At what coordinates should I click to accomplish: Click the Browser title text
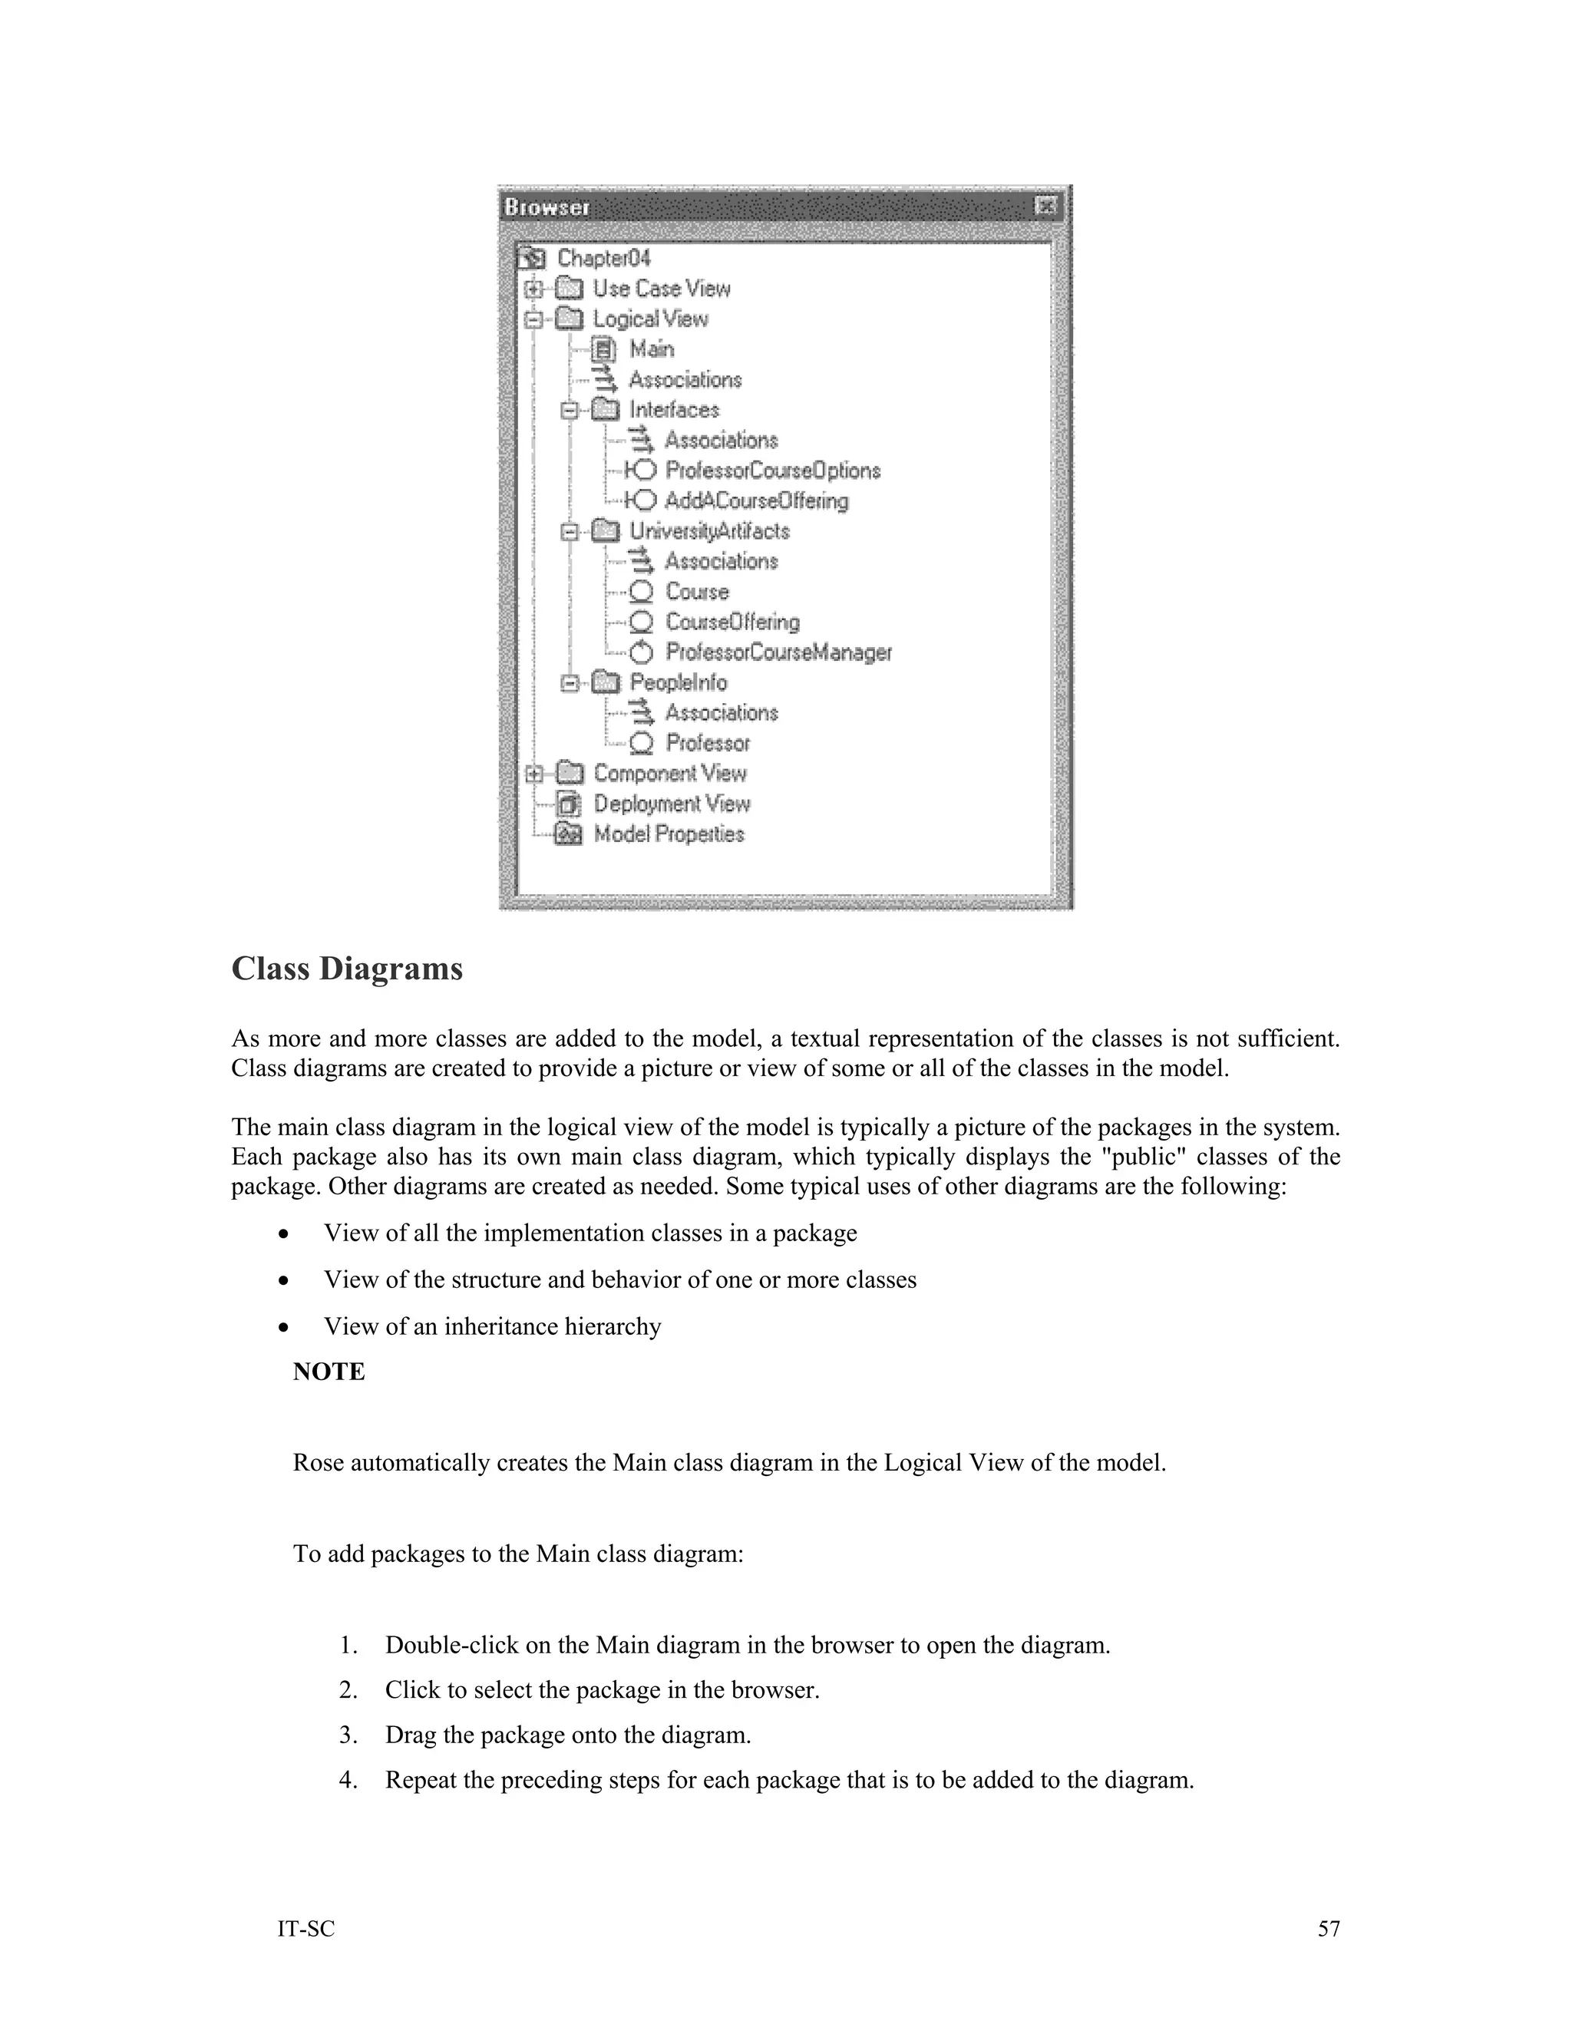pyautogui.click(x=547, y=206)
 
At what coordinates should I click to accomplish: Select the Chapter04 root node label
pyautogui.click(x=603, y=258)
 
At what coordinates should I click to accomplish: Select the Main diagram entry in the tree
pyautogui.click(x=651, y=349)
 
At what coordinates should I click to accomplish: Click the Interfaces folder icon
pyautogui.click(x=606, y=410)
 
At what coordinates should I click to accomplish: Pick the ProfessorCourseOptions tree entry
pyautogui.click(x=772, y=471)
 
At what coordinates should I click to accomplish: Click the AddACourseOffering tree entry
pyautogui.click(x=756, y=501)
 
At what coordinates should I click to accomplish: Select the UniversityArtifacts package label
pyautogui.click(x=708, y=531)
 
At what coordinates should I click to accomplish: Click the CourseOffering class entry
pyautogui.click(x=732, y=622)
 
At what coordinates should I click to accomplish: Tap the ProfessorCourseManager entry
pyautogui.click(x=778, y=652)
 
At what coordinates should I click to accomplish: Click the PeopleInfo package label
pyautogui.click(x=678, y=682)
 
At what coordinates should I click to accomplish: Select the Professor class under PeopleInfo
pyautogui.click(x=707, y=743)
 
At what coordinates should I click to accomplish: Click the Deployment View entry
pyautogui.click(x=672, y=804)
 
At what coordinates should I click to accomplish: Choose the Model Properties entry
pyautogui.click(x=669, y=834)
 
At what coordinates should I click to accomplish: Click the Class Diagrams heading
pyautogui.click(x=346, y=969)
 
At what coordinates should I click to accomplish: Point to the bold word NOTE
pyautogui.click(x=329, y=1372)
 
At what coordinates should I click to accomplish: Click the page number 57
pyautogui.click(x=1328, y=1929)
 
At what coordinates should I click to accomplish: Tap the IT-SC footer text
pyautogui.click(x=305, y=1929)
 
